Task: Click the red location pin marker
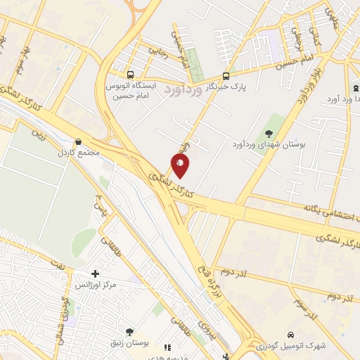181,166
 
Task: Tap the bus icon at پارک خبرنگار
226,76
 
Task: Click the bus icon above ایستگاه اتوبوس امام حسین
130,75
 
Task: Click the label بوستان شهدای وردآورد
270,144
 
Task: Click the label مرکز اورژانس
96,285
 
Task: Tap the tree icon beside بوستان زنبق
129,331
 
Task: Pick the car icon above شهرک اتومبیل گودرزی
291,335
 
